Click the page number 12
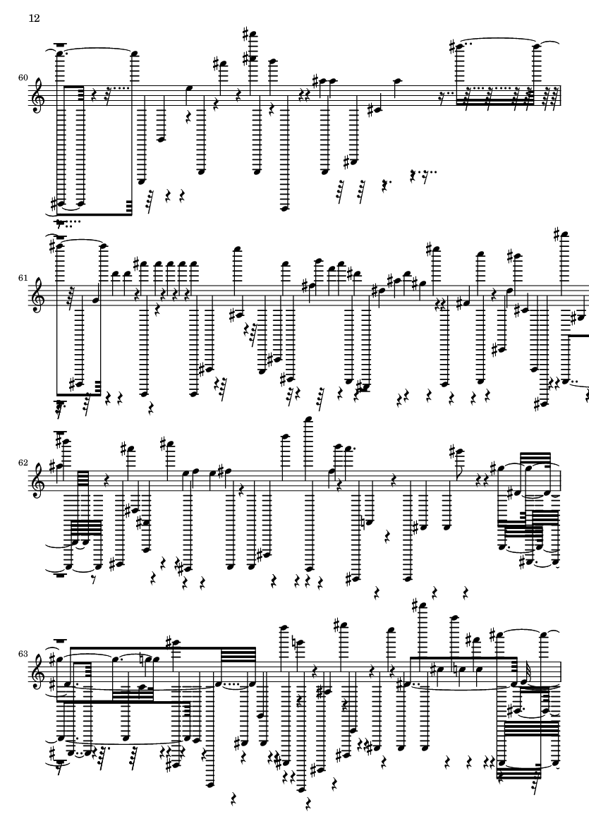34,18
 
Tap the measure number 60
23,78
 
